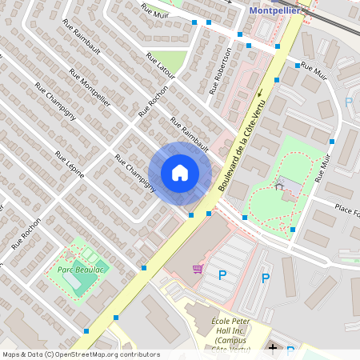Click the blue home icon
[180, 172]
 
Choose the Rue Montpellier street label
[90, 88]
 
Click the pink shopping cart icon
[198, 269]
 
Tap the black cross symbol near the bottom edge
[273, 349]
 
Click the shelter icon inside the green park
[279, 186]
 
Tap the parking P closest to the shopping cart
[222, 275]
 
